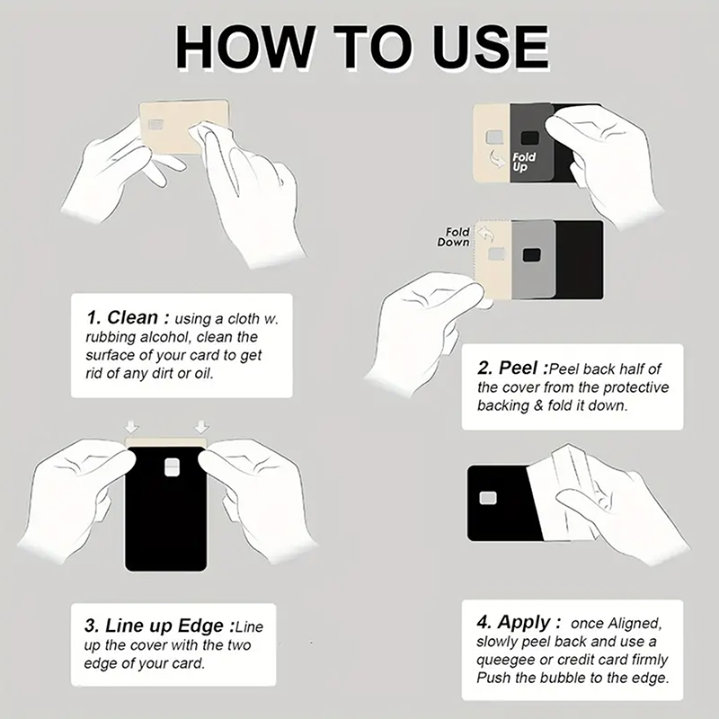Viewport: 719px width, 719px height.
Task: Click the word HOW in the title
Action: coord(245,48)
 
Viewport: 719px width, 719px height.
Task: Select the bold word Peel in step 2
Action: coord(518,368)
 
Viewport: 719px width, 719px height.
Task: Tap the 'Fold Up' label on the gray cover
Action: coord(524,163)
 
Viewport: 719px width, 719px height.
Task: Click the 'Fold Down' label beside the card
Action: coord(454,237)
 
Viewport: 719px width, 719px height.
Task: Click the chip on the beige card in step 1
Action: coord(155,125)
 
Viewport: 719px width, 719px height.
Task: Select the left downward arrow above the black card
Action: coord(131,427)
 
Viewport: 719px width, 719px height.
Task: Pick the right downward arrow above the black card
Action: coord(201,427)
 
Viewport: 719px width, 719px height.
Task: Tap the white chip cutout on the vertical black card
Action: coord(172,467)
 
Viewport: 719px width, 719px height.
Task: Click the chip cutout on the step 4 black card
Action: coord(487,499)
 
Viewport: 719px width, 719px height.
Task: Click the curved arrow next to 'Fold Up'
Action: coord(499,159)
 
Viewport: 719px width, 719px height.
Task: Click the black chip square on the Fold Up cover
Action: coord(530,138)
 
